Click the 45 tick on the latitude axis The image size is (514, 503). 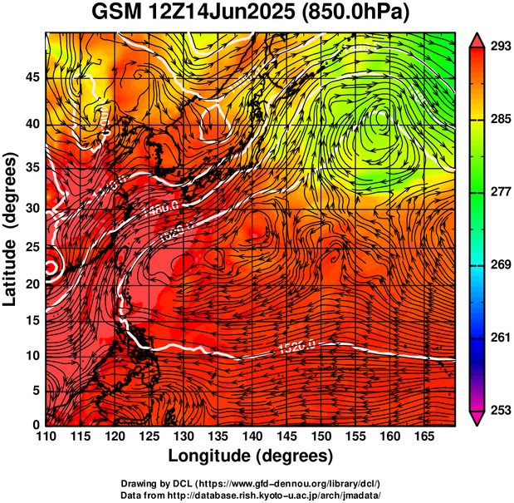coord(31,76)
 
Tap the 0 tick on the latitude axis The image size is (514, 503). coord(36,426)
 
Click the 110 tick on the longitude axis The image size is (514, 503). coord(47,436)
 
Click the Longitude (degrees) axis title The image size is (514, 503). coord(251,456)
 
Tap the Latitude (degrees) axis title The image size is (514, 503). coord(12,229)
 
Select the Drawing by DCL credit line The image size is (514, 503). coord(251,484)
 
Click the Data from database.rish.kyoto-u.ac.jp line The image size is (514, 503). coord(251,496)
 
